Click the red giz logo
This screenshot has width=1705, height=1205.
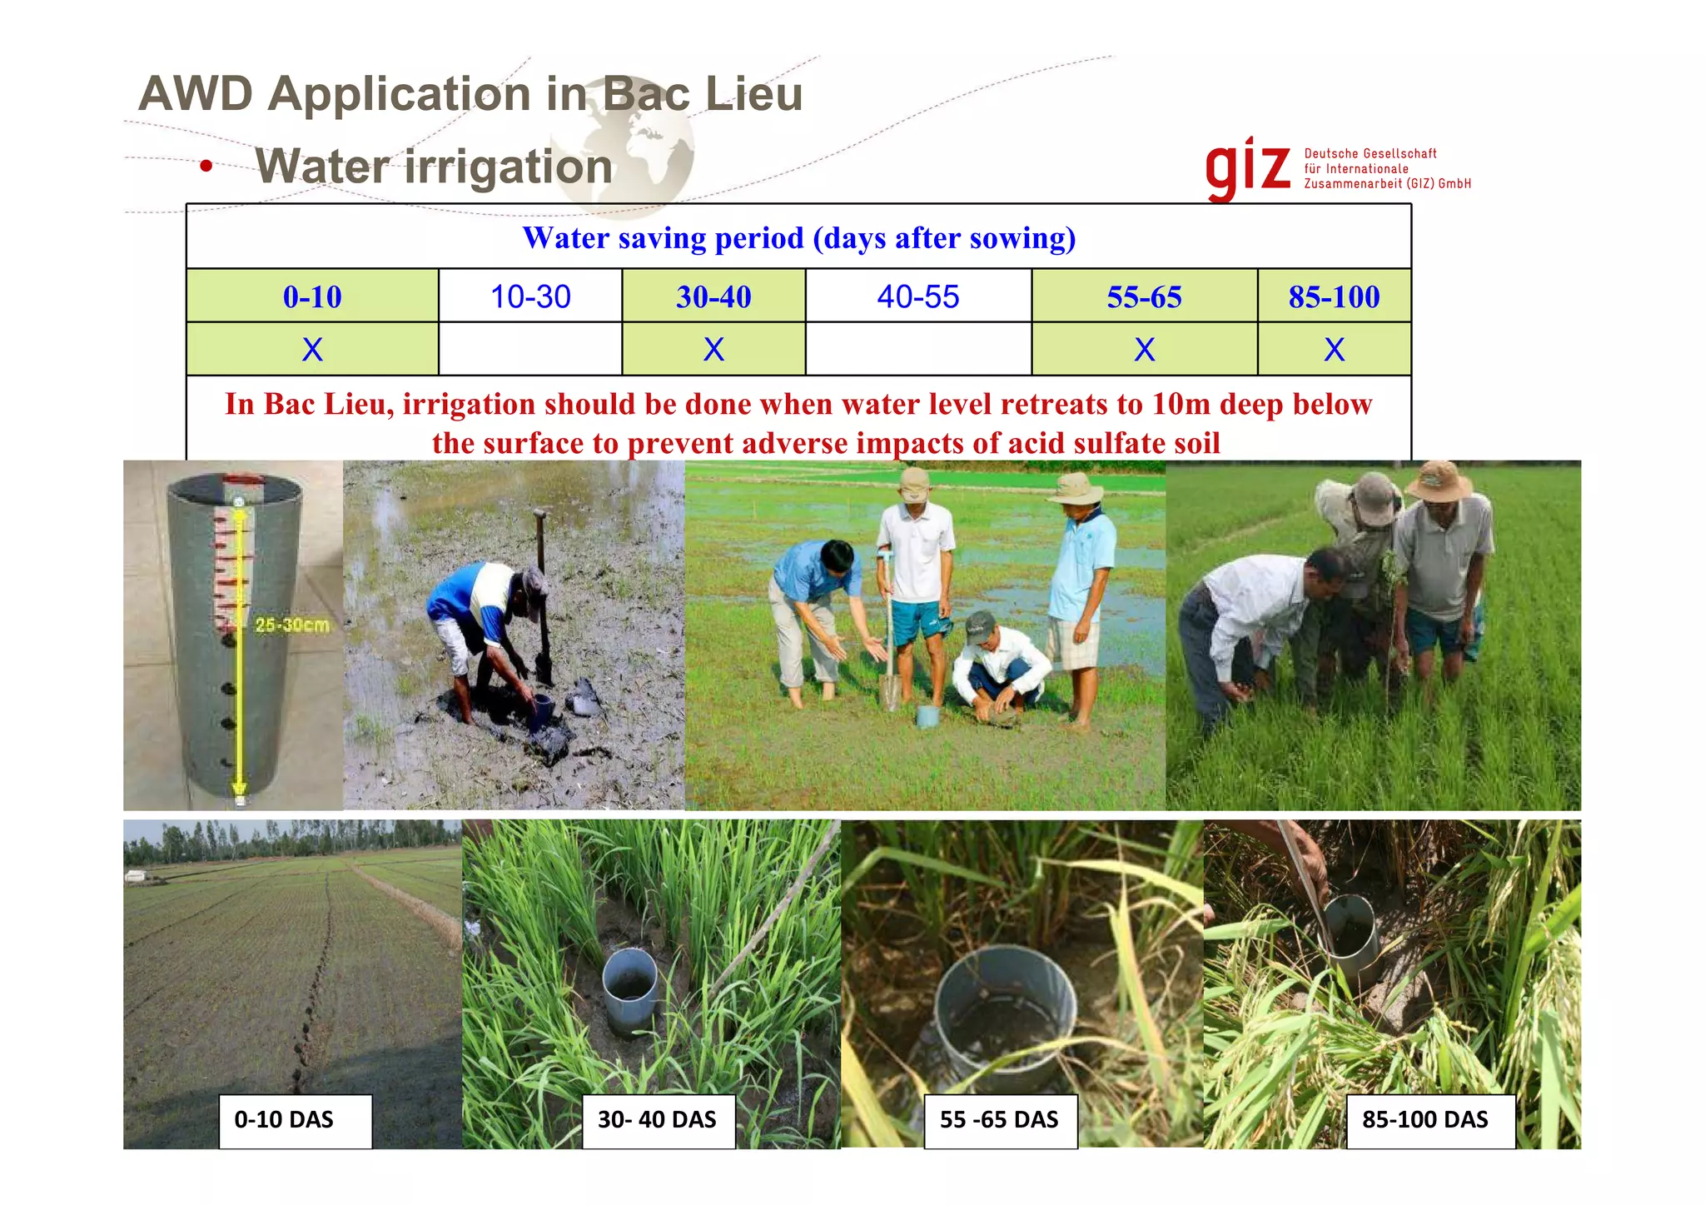click(1247, 168)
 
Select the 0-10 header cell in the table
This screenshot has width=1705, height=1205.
click(312, 296)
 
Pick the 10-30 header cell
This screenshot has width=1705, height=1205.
click(530, 296)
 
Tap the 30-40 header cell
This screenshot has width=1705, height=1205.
click(713, 296)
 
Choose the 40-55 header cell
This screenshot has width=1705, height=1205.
click(918, 296)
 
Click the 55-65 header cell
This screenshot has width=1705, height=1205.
click(1144, 296)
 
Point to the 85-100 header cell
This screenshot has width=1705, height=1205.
click(1334, 296)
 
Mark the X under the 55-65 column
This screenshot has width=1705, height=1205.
click(1144, 349)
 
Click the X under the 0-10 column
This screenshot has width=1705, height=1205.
click(312, 349)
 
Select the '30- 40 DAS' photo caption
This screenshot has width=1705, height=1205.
click(658, 1120)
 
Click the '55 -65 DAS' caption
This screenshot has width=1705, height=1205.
click(1000, 1120)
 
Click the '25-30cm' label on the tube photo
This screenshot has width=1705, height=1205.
click(291, 625)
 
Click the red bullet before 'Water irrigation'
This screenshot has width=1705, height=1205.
click(206, 167)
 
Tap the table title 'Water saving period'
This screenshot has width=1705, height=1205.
click(798, 238)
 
